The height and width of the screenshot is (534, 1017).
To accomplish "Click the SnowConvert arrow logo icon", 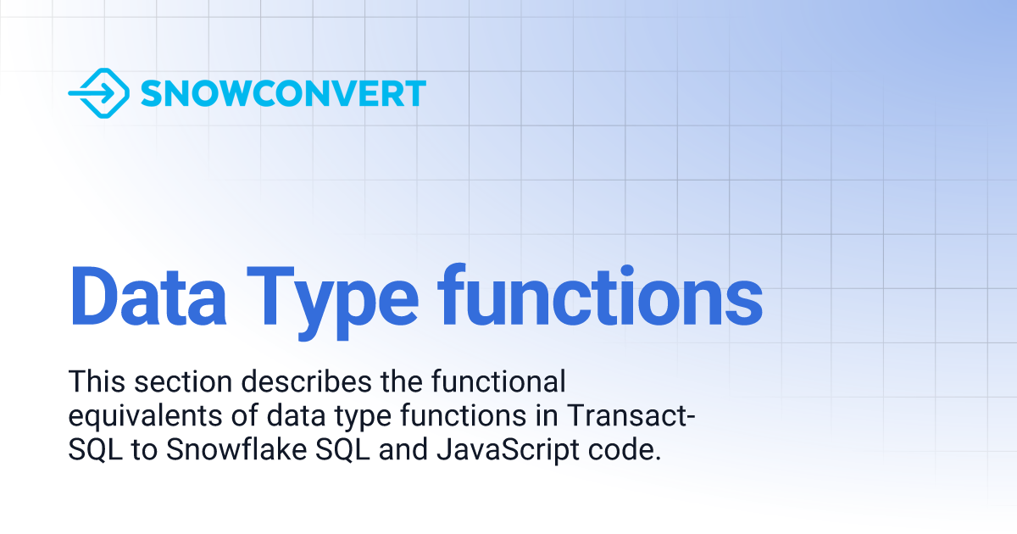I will point(98,93).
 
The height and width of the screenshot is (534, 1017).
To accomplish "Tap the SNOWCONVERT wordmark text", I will point(283,93).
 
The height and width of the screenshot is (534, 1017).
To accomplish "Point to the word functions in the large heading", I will point(600,296).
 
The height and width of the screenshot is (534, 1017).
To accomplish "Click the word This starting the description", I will point(94,382).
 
